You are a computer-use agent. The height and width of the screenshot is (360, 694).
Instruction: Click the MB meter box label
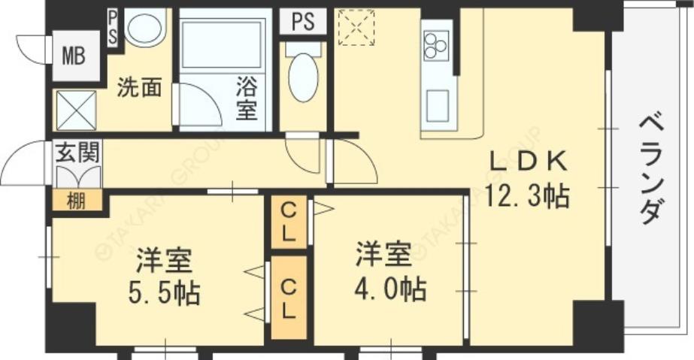[x=74, y=56]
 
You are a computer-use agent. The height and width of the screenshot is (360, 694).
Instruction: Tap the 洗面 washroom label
[x=139, y=88]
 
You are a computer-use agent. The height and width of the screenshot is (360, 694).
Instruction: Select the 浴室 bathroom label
[x=246, y=98]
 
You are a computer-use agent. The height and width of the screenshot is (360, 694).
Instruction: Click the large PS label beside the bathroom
[x=303, y=21]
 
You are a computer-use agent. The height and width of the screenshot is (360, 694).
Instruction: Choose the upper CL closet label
[x=288, y=222]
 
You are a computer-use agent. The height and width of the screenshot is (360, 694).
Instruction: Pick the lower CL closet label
[x=289, y=297]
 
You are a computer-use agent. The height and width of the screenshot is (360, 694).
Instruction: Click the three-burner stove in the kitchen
[x=435, y=46]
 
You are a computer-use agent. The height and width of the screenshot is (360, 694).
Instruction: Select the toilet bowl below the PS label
[x=304, y=77]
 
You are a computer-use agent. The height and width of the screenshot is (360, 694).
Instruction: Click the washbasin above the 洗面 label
[x=145, y=29]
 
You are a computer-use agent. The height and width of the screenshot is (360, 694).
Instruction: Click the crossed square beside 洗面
[x=76, y=110]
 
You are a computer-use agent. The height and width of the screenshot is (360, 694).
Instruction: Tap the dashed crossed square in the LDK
[x=356, y=28]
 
